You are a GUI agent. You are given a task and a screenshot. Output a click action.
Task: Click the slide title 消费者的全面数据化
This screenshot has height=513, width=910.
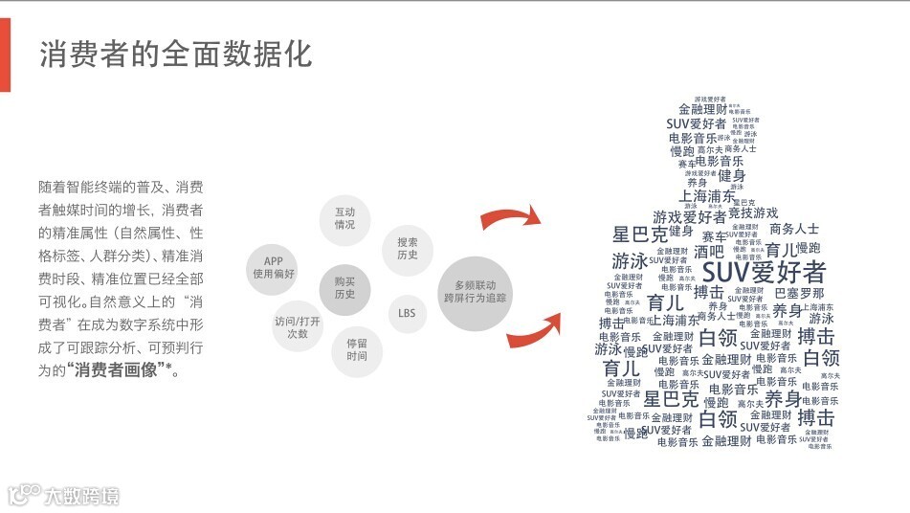pyautogui.click(x=175, y=55)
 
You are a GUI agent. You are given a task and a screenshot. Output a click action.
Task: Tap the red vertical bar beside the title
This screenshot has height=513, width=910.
pyautogui.click(x=5, y=56)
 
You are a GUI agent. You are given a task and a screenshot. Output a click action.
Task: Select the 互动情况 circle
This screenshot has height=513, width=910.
pyautogui.click(x=344, y=217)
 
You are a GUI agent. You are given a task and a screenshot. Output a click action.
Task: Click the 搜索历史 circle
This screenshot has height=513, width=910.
pyautogui.click(x=408, y=249)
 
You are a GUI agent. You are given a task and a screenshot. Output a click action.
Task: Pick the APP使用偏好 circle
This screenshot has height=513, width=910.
pyautogui.click(x=274, y=267)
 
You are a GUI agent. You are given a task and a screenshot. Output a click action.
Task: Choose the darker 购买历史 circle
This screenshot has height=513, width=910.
pyautogui.click(x=344, y=288)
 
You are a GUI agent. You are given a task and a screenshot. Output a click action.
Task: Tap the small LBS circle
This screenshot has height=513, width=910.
pyautogui.click(x=407, y=313)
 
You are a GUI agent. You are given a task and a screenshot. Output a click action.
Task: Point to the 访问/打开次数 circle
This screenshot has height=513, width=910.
pyautogui.click(x=298, y=327)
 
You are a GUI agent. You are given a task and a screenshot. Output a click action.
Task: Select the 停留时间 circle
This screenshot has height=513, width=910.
pyautogui.click(x=357, y=349)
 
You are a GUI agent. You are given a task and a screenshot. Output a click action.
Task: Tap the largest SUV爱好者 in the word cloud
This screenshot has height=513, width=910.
pyautogui.click(x=764, y=271)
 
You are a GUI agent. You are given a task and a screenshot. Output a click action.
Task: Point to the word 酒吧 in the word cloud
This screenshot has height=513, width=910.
pyautogui.click(x=709, y=252)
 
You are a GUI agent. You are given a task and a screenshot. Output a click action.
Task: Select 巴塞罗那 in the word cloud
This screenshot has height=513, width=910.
pyautogui.click(x=798, y=293)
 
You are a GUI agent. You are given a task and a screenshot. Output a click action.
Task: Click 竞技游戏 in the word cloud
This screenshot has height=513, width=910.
pyautogui.click(x=753, y=212)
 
